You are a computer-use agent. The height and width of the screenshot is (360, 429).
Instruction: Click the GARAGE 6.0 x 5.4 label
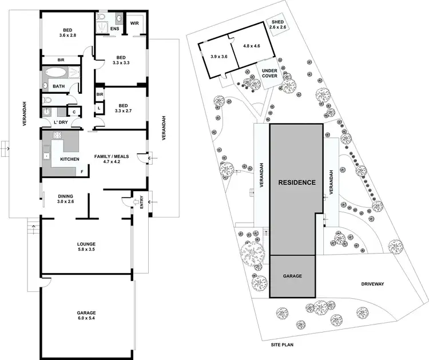86,316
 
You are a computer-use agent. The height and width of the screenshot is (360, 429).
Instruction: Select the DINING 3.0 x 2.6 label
65,198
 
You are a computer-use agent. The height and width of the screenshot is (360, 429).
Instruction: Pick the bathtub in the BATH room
57,73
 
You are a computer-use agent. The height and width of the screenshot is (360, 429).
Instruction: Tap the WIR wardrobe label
135,23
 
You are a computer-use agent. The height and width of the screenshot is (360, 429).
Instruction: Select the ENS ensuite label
114,27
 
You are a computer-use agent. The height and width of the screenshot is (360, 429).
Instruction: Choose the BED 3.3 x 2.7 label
121,109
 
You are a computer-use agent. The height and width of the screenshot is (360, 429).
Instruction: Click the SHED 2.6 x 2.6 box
277,24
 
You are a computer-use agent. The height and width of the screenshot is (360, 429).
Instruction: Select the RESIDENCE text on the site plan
296,183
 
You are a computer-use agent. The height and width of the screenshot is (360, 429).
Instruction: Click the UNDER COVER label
269,74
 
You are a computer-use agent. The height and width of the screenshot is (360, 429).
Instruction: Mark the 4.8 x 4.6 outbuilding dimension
251,46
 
